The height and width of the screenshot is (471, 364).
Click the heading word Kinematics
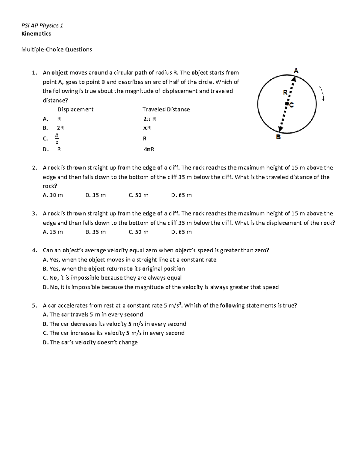pos(36,34)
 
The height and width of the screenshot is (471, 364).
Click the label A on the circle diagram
pos(296,71)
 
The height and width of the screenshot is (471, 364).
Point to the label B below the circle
pos(278,137)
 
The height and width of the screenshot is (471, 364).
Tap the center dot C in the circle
pos(286,104)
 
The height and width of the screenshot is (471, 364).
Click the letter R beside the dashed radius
pos(285,93)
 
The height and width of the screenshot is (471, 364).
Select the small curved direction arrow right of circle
pos(322,93)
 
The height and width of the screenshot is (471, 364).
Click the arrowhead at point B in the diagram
pos(281,129)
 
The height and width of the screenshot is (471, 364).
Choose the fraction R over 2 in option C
pos(57,139)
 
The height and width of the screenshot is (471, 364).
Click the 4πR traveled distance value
pos(149,149)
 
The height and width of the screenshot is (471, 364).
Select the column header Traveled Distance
pos(166,109)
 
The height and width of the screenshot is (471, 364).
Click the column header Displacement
pos(76,109)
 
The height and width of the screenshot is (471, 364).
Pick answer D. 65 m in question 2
pos(181,195)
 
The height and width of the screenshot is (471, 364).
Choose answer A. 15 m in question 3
pos(53,232)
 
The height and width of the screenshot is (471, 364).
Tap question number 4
pos(34,251)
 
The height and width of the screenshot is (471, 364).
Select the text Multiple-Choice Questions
pos(56,49)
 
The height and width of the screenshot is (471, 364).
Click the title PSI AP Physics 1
pos(42,25)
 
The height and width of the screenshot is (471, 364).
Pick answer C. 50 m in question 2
pos(138,195)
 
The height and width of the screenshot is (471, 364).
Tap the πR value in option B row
pos(147,128)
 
